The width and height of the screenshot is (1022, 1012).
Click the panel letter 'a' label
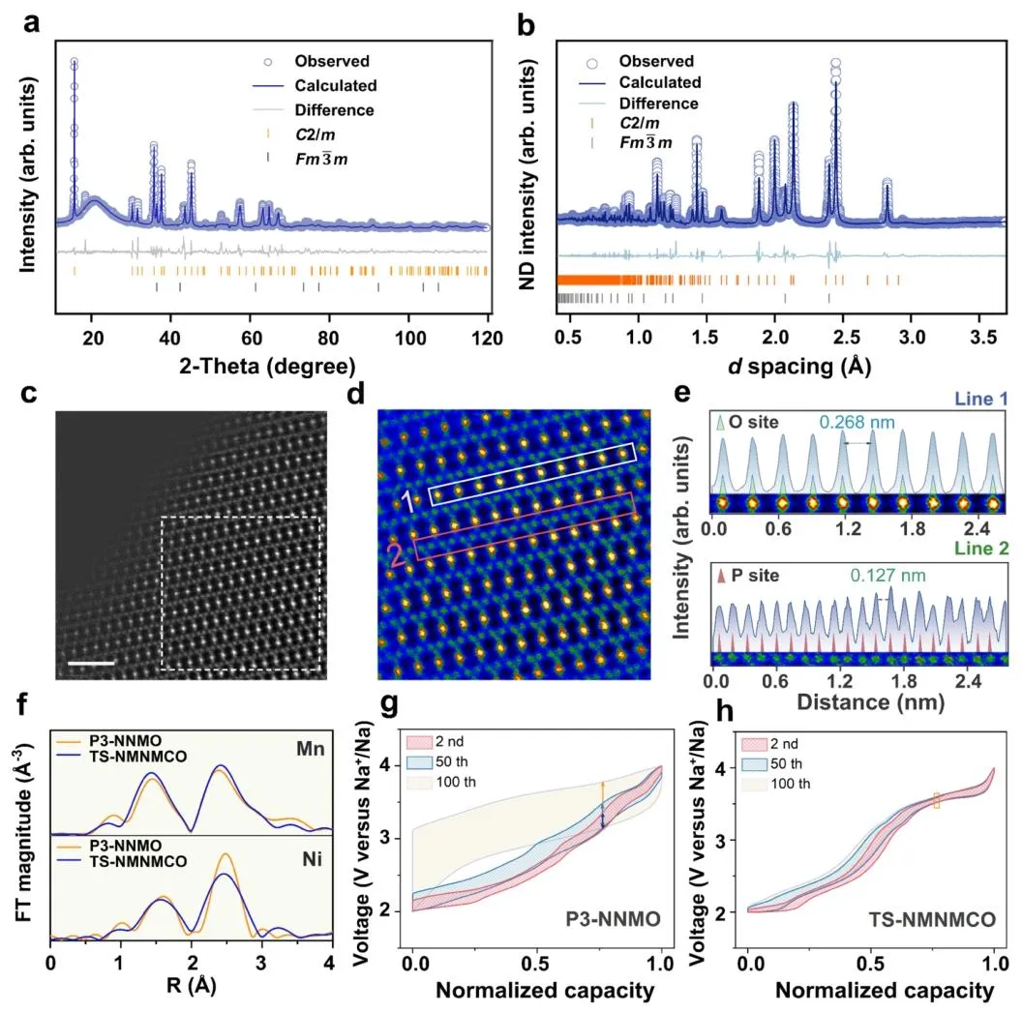click(x=30, y=25)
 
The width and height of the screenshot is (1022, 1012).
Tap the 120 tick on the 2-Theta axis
click(x=489, y=340)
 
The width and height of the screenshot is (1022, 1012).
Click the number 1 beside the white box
click(x=411, y=499)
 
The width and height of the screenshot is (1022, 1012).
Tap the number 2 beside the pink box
click(x=395, y=554)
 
